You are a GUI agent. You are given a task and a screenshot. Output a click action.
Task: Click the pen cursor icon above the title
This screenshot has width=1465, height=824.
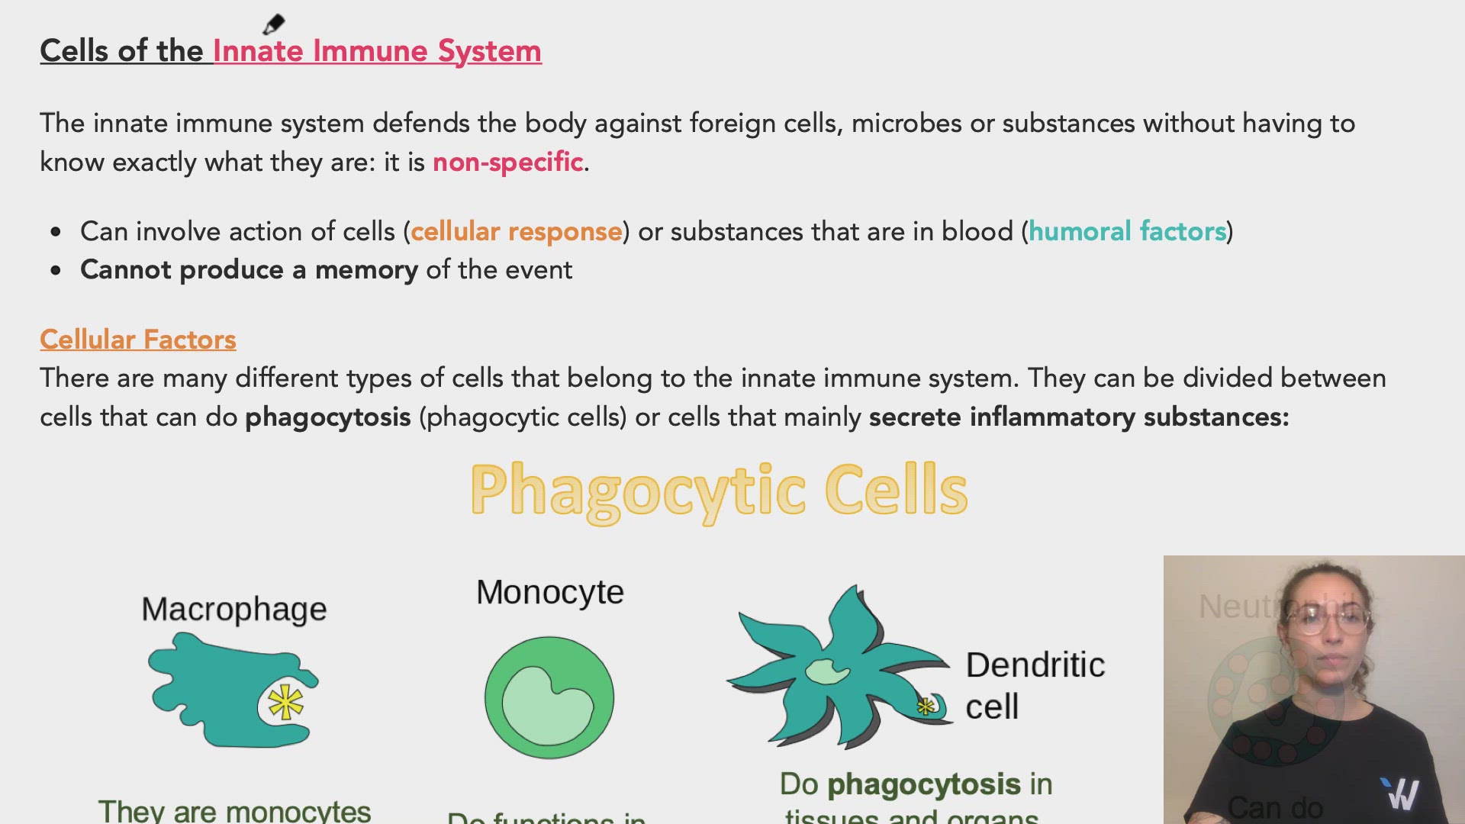[273, 24]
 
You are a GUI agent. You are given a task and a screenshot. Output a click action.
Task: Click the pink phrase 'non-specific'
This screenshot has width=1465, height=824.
[507, 162]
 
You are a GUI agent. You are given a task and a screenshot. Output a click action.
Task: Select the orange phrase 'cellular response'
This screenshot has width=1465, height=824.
[517, 231]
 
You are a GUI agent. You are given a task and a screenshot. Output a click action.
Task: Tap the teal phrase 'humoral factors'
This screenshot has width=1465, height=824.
[1127, 231]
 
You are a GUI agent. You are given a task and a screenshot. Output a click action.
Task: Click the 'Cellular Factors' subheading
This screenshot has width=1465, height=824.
[138, 340]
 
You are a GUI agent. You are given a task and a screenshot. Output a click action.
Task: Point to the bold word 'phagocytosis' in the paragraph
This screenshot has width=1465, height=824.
[328, 417]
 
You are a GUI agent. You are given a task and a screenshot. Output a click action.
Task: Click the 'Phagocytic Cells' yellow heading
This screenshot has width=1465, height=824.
[719, 490]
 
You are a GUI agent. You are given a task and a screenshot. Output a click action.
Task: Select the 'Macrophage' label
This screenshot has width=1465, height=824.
[233, 609]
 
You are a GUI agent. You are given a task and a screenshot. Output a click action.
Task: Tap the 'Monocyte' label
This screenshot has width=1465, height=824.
[549, 592]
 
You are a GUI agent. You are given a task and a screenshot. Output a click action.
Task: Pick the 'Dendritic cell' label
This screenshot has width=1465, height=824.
[1034, 685]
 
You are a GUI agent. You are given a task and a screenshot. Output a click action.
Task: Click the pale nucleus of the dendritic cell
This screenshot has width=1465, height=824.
[827, 671]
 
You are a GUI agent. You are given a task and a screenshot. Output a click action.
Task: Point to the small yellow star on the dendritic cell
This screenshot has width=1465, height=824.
[926, 707]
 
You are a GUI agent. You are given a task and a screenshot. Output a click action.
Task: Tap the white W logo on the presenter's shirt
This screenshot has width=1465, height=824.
[1402, 794]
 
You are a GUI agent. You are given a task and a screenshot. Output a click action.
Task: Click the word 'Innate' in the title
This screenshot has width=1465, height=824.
[258, 51]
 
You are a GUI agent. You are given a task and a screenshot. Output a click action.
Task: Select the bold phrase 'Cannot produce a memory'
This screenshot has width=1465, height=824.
[249, 270]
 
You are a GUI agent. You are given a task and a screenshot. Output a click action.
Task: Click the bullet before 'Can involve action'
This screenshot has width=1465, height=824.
[56, 232]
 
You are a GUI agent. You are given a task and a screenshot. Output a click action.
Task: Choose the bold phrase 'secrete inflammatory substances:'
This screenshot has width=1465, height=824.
[1078, 417]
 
